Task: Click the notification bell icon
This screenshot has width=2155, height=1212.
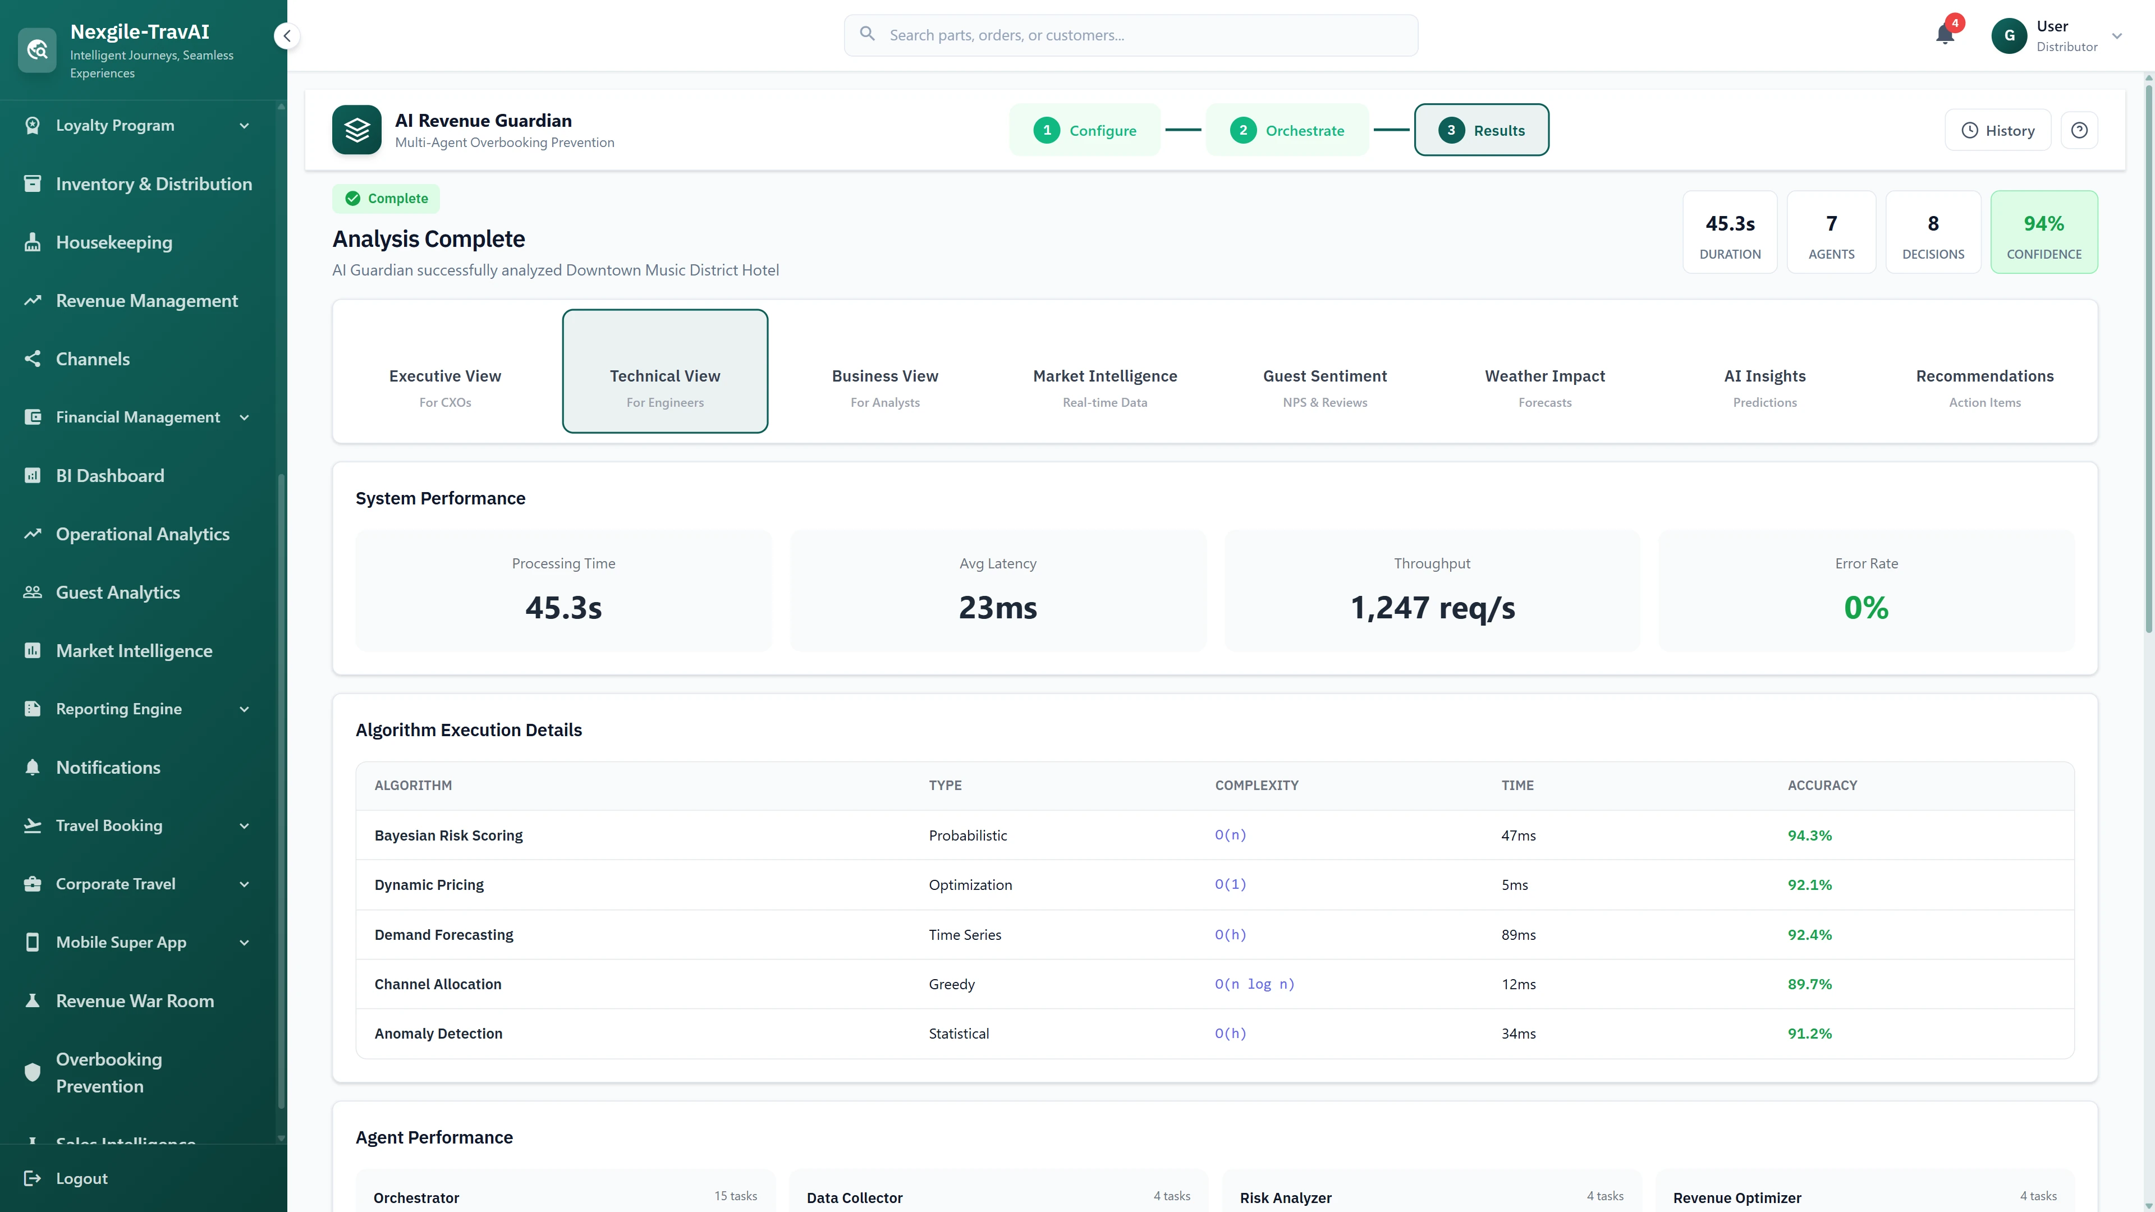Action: (1945, 35)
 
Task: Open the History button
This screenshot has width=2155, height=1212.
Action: (1998, 131)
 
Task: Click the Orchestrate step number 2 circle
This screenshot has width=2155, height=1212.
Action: (1243, 131)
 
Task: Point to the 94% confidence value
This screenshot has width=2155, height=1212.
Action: (2044, 223)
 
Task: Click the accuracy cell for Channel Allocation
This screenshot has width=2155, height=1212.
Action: (1809, 985)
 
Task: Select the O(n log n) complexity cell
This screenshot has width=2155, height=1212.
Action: (1254, 985)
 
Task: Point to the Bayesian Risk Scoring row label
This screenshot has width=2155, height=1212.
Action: (448, 835)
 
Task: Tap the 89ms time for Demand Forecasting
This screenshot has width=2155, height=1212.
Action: (1519, 935)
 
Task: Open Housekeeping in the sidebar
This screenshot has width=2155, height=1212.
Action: (114, 242)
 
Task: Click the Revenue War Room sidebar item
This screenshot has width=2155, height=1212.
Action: (135, 1001)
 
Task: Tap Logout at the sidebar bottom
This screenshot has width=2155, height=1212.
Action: (81, 1178)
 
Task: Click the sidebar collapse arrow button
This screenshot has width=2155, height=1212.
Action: (287, 36)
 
